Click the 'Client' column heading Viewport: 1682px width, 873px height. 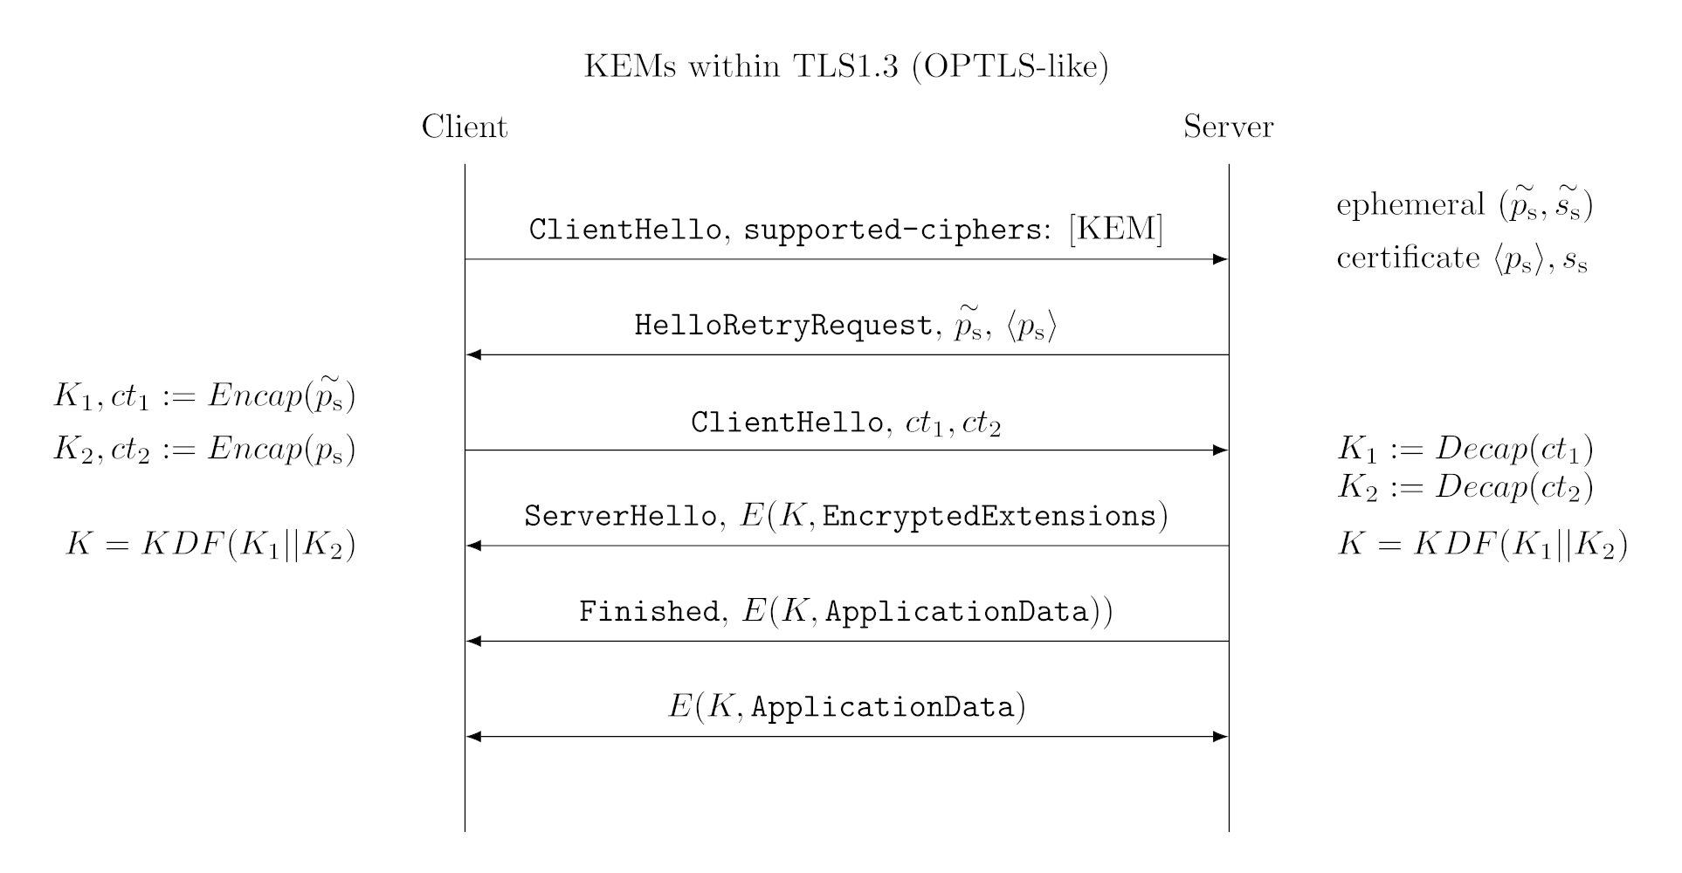(x=464, y=127)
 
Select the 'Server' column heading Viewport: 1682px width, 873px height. (x=1228, y=127)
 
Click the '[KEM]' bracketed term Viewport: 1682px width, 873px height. (x=1115, y=229)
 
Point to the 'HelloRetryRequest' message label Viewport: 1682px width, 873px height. (x=782, y=326)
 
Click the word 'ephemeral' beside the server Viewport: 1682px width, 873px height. (x=1410, y=205)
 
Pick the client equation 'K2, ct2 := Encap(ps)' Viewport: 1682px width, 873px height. (x=204, y=450)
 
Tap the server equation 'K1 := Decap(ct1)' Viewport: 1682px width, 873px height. (x=1465, y=450)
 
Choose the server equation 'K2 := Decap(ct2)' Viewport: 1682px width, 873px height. (x=1465, y=487)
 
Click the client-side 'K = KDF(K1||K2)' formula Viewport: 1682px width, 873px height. (x=210, y=546)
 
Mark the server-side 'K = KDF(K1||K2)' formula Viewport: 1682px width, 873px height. (x=1482, y=546)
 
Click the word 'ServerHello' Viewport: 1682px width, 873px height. (x=619, y=517)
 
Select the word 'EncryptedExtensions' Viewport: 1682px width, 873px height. (x=989, y=517)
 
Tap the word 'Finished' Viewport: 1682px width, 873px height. (x=648, y=612)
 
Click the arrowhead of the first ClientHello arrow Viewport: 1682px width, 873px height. (x=1221, y=259)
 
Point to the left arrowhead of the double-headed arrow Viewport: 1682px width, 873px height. (x=474, y=737)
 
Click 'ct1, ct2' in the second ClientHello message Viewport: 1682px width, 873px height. (x=953, y=423)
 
